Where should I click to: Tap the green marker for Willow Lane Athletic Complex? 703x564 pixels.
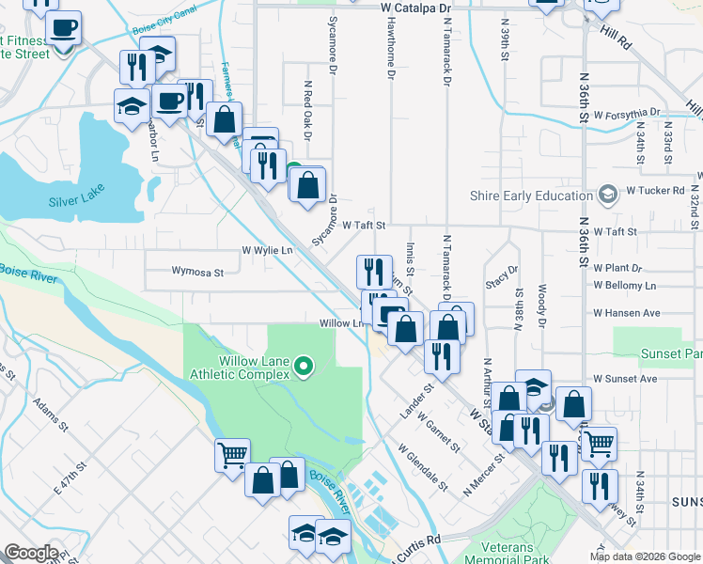tap(304, 366)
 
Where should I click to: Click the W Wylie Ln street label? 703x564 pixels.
tap(267, 251)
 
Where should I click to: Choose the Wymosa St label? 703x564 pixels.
tap(197, 273)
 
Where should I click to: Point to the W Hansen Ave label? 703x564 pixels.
tap(626, 313)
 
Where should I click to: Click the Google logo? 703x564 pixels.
tap(31, 554)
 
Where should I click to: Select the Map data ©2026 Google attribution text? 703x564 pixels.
tap(645, 556)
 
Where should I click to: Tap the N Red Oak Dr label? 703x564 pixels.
tap(307, 110)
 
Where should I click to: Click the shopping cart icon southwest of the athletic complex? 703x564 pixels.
tap(232, 456)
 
